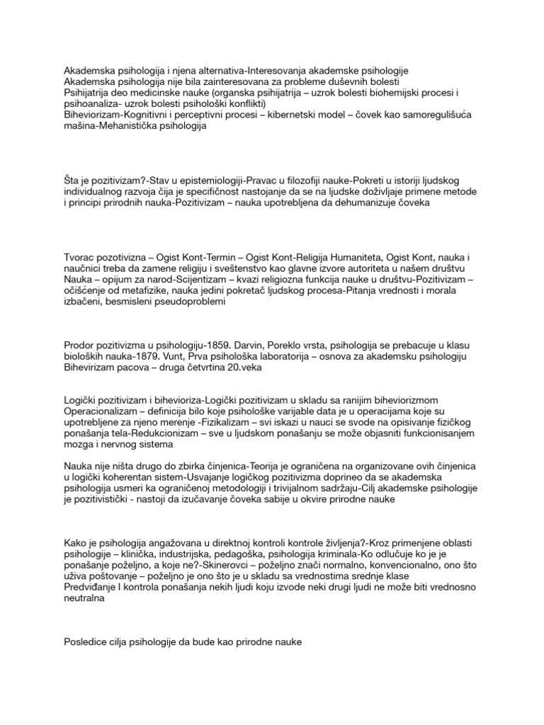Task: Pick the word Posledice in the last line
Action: (x=89, y=641)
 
